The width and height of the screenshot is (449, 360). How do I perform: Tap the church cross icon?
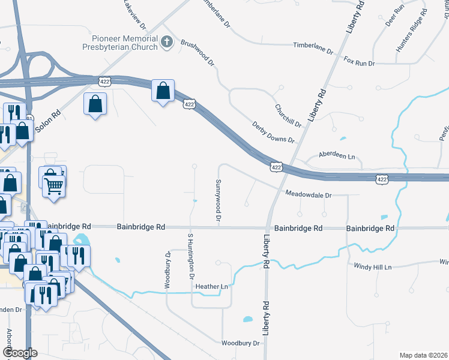pos(167,42)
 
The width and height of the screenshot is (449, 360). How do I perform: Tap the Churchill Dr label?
pos(288,115)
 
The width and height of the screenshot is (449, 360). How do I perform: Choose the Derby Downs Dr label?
pos(274,131)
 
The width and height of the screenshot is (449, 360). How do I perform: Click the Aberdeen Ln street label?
pos(337,156)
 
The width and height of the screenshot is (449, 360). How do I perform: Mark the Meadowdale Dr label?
pos(309,194)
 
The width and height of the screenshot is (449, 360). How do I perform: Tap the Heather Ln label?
pos(216,287)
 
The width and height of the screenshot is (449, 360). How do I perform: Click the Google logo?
pos(20,353)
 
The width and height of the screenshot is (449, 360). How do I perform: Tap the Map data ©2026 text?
pos(423,355)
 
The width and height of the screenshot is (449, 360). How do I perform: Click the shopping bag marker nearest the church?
pos(163,91)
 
